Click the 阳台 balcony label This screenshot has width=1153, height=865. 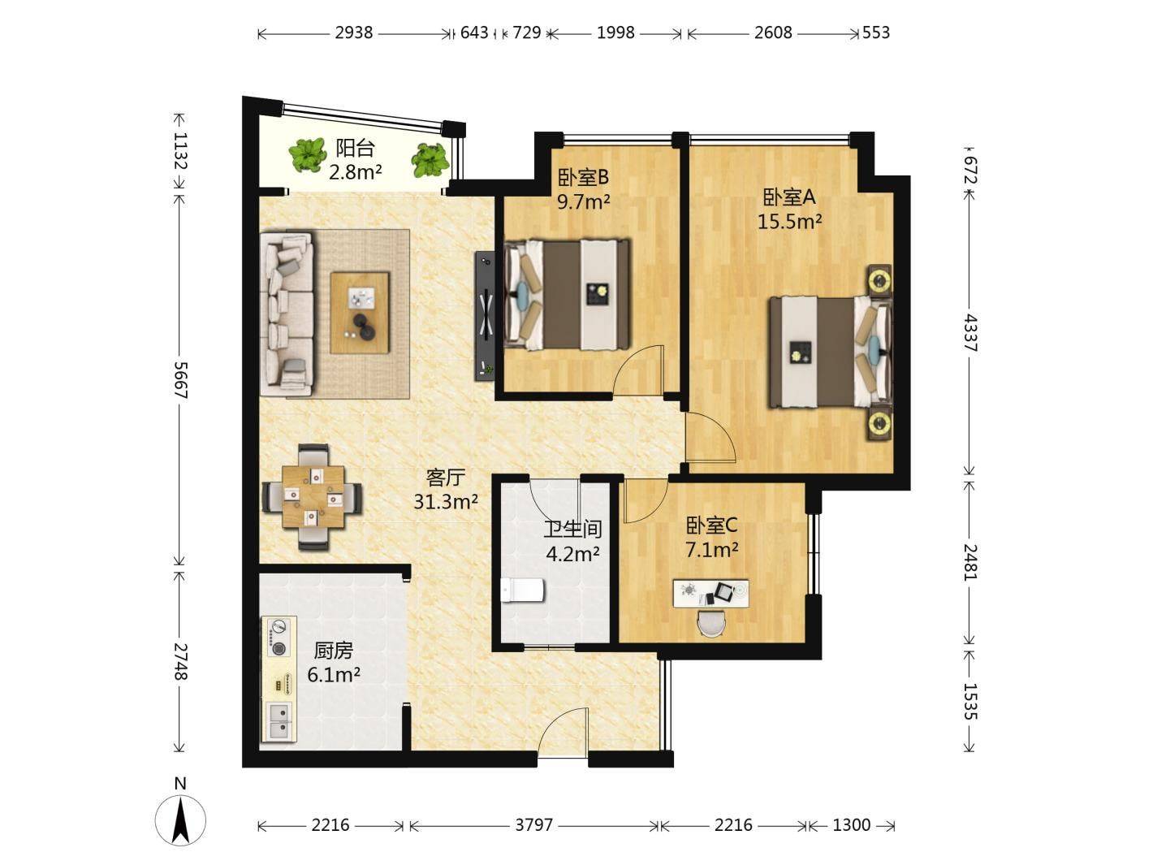(355, 149)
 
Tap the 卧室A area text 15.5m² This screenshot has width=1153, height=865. (789, 223)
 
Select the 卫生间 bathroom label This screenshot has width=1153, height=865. (572, 530)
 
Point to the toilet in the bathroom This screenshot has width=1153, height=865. (522, 590)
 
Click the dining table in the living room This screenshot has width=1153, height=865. (313, 497)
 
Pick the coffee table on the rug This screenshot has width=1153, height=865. (360, 313)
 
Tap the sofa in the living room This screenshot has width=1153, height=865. (287, 313)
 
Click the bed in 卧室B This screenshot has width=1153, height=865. (568, 295)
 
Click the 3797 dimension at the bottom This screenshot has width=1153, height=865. (533, 825)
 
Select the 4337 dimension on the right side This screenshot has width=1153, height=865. (971, 333)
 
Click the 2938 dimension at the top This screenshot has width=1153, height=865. (354, 33)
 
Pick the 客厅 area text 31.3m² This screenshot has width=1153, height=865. (446, 502)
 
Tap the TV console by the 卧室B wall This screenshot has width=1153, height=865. (485, 316)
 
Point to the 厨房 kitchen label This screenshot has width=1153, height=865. (333, 651)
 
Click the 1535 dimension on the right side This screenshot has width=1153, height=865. (971, 701)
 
